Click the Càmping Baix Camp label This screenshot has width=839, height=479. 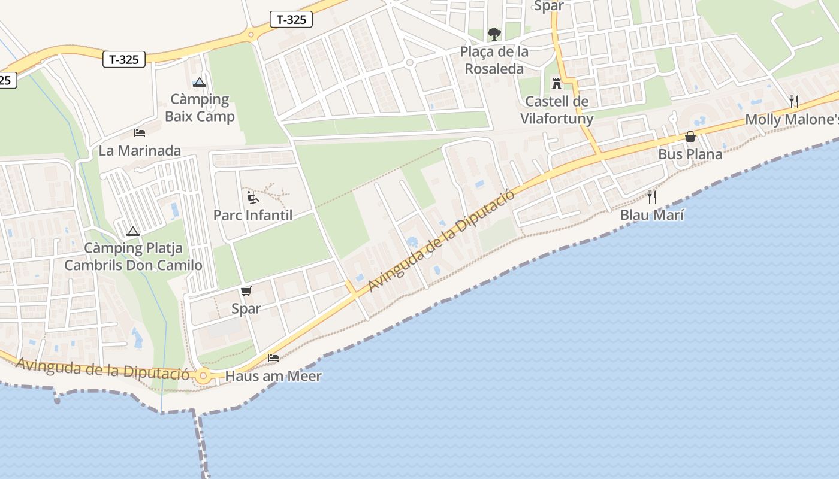pyautogui.click(x=200, y=108)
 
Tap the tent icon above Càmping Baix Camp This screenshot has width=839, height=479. pyautogui.click(x=200, y=82)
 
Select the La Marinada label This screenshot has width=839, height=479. pyautogui.click(x=140, y=150)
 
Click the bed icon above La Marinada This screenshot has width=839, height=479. pyautogui.click(x=140, y=132)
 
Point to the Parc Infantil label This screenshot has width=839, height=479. pyautogui.click(x=253, y=215)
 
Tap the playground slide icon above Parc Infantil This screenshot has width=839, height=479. pyautogui.click(x=253, y=197)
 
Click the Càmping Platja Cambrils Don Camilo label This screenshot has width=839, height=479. pyautogui.click(x=133, y=257)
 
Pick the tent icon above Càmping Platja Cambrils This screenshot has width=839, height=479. pyautogui.click(x=133, y=231)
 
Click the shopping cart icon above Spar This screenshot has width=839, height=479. pyautogui.click(x=246, y=292)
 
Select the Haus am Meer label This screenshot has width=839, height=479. pyautogui.click(x=273, y=377)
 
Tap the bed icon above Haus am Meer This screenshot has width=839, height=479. pyautogui.click(x=273, y=358)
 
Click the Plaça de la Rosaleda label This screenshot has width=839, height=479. pyautogui.click(x=494, y=60)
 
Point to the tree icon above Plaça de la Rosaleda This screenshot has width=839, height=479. pyautogui.click(x=494, y=34)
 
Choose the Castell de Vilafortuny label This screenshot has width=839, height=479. pyautogui.click(x=557, y=110)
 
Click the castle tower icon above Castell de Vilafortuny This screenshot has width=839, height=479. pyautogui.click(x=557, y=83)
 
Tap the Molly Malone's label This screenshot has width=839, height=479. pyautogui.click(x=791, y=120)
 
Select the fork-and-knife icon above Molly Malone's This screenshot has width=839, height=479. pyautogui.click(x=794, y=101)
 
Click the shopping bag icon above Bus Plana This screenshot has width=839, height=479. pyautogui.click(x=690, y=137)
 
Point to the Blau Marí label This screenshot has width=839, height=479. pyautogui.click(x=652, y=215)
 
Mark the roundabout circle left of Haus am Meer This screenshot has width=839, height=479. pyautogui.click(x=203, y=377)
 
